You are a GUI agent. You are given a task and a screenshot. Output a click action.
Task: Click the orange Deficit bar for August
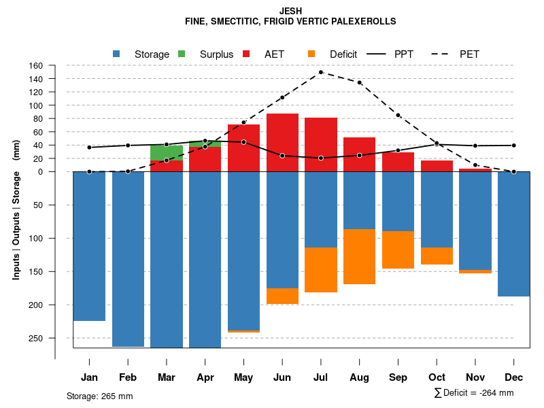tap(360, 256)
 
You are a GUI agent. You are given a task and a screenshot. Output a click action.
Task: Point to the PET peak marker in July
tap(321, 72)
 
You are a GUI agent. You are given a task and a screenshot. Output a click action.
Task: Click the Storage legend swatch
tap(116, 54)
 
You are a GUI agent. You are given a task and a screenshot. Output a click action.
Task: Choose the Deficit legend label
tap(343, 54)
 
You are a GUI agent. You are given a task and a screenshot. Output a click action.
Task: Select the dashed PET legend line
tap(443, 54)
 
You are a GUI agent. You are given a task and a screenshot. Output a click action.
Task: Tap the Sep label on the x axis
tap(398, 377)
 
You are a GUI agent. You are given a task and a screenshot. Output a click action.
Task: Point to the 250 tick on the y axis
tap(35, 338)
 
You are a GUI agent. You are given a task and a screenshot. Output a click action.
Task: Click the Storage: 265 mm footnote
tap(100, 396)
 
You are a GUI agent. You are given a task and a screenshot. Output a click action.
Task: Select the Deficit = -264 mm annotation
tap(474, 393)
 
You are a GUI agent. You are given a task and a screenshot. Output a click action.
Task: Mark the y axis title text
tap(16, 209)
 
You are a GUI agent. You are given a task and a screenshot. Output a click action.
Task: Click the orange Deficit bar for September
tap(398, 250)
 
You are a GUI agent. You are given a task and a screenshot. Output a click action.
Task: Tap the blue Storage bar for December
tap(514, 234)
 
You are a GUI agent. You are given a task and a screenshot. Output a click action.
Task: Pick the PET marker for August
tap(360, 82)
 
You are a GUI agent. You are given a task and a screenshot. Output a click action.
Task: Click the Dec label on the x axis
tap(514, 377)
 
